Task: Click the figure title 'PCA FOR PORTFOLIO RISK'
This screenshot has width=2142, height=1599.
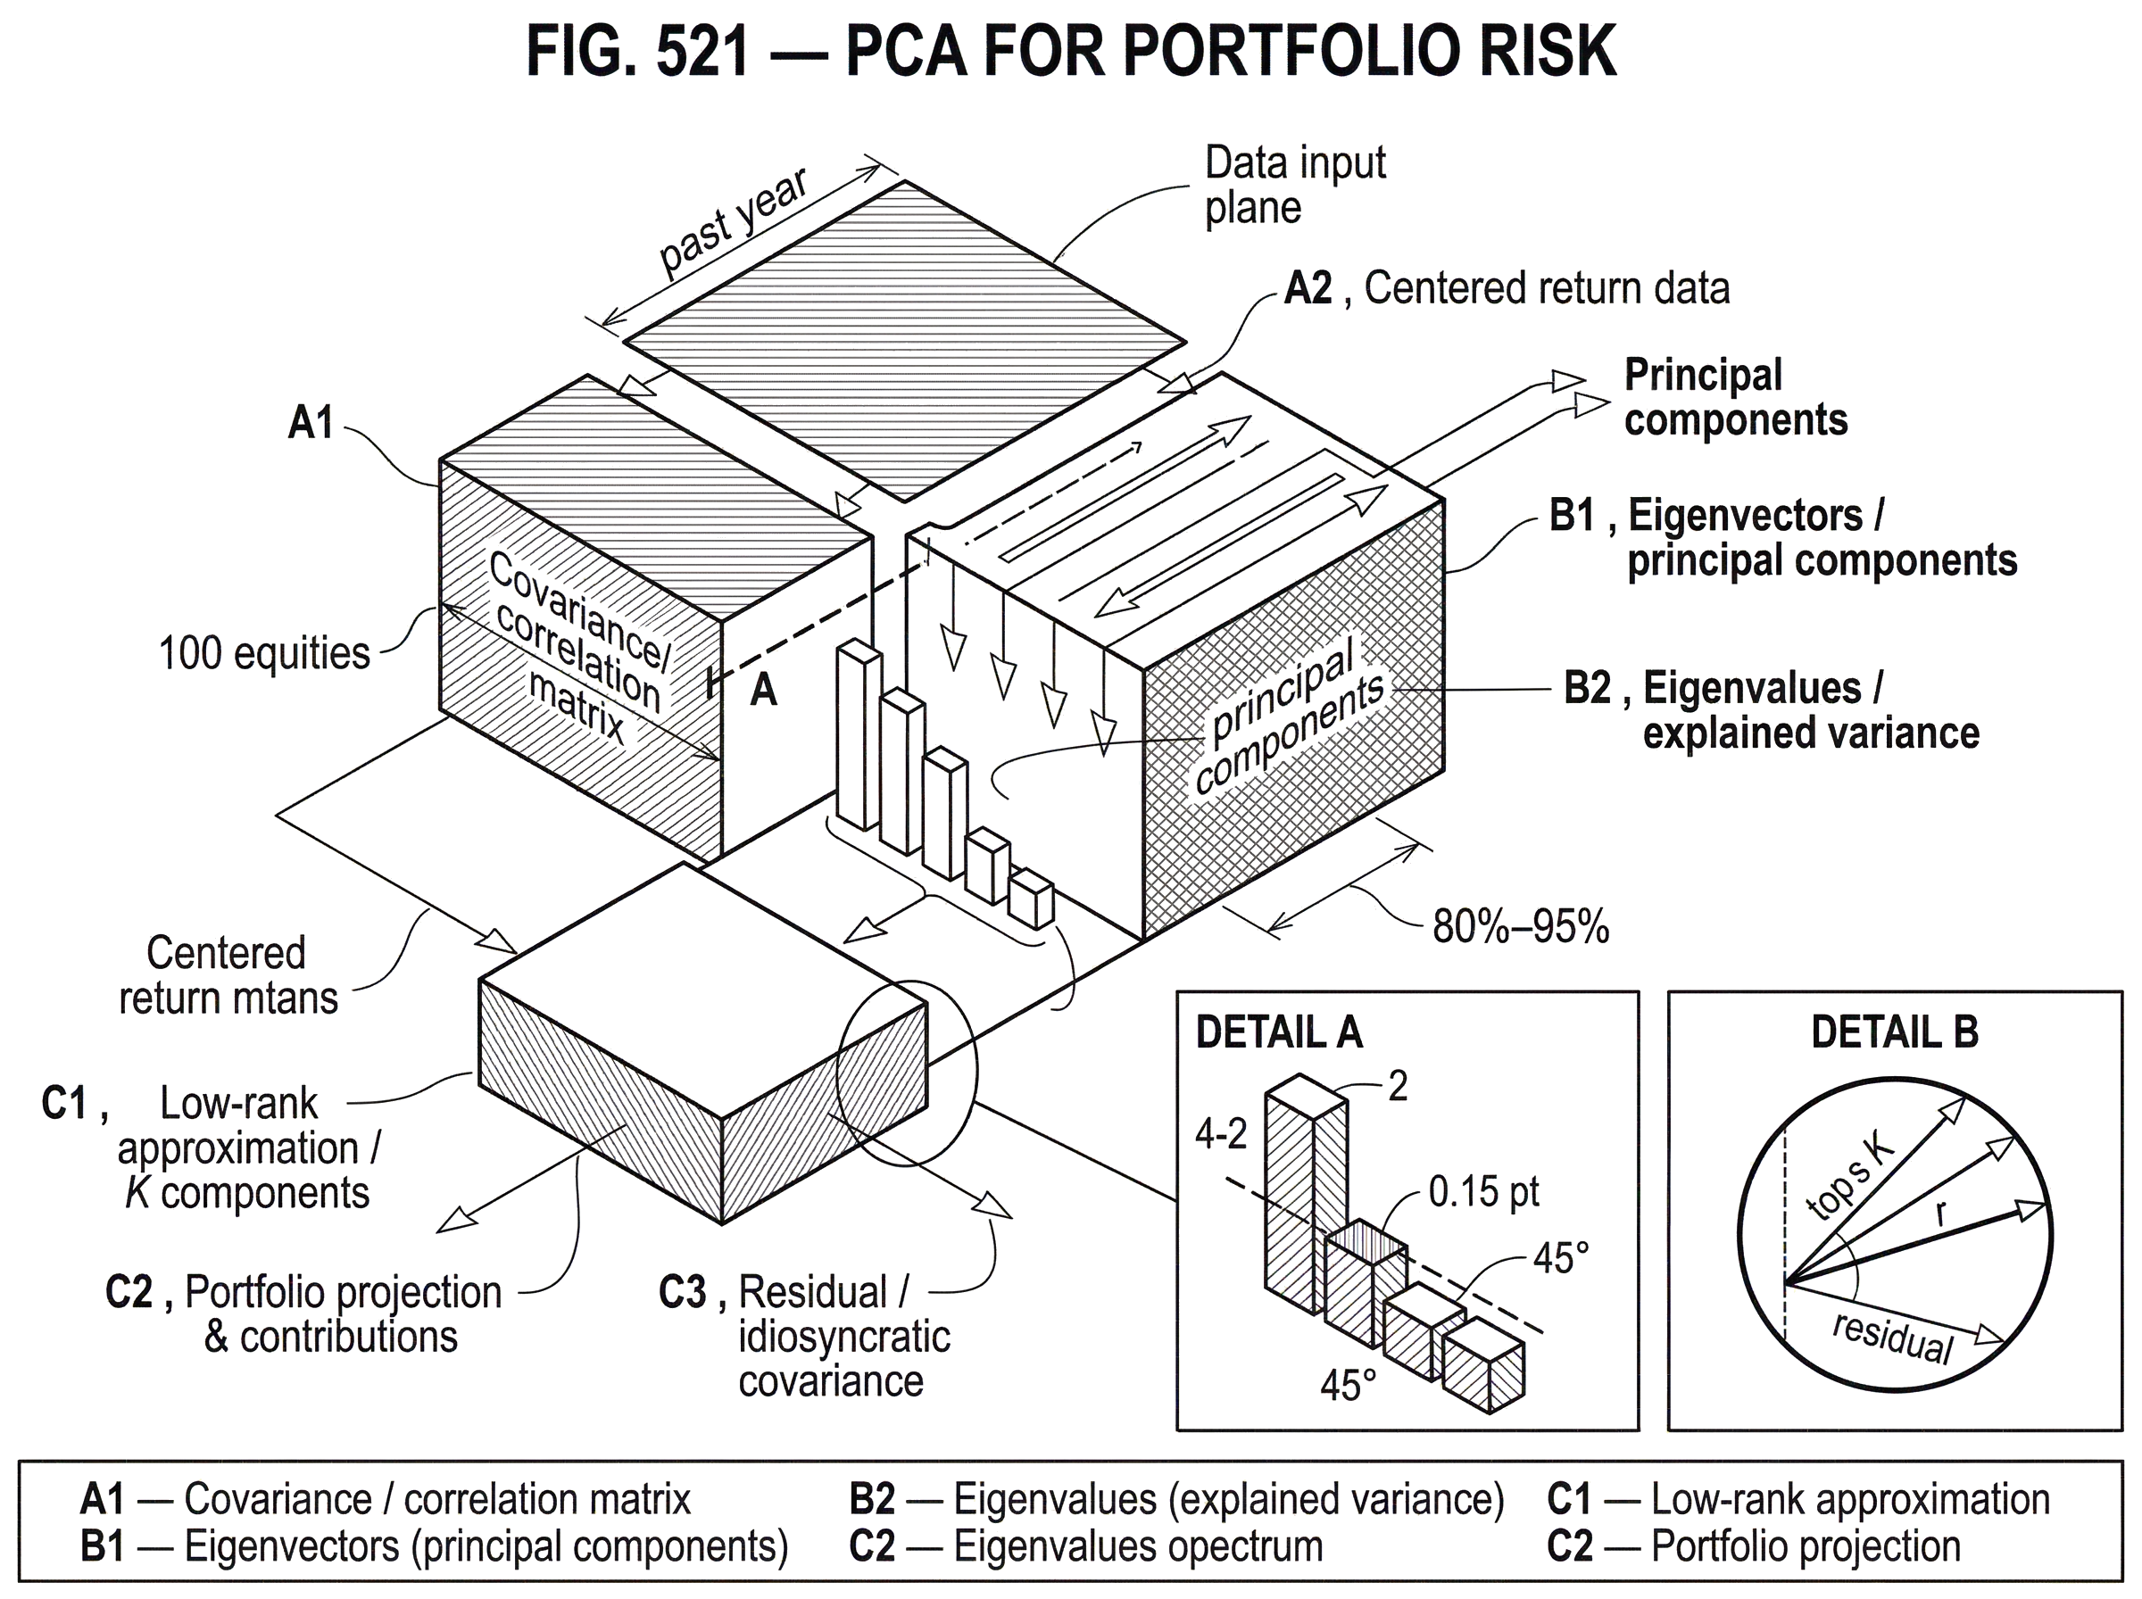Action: [1229, 50]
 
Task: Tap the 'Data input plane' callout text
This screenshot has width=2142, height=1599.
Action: [1295, 184]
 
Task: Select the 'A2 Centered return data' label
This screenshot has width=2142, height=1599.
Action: [1505, 289]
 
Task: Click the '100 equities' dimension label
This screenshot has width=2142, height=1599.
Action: [266, 654]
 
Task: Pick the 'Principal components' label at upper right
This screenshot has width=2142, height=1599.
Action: [1737, 397]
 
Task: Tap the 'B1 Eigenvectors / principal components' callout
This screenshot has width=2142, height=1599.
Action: [1781, 537]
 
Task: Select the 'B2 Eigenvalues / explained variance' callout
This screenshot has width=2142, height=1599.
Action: [1772, 711]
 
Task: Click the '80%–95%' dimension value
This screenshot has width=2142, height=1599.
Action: [1521, 925]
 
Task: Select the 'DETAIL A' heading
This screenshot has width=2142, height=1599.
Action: [1278, 1032]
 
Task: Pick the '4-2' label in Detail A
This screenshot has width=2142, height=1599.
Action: [1223, 1132]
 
